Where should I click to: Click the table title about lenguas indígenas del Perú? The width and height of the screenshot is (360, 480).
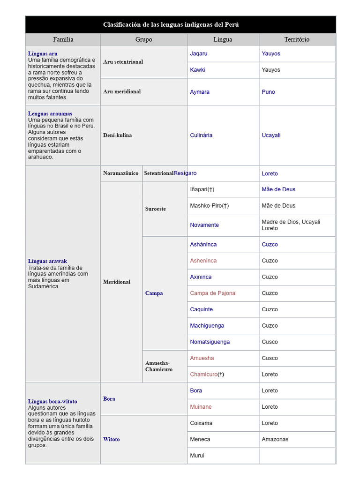171,24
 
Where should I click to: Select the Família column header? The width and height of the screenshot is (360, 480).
63,39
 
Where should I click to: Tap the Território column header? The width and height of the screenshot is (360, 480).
297,39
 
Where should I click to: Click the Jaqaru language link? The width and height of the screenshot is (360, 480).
199,53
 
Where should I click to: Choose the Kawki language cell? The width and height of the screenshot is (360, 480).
198,70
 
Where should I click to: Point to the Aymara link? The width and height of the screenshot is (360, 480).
200,92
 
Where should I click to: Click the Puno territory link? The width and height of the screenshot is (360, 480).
268,92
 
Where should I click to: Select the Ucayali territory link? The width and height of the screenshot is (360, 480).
271,135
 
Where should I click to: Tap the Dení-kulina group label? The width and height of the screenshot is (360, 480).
118,135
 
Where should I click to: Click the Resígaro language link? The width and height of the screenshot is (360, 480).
185,173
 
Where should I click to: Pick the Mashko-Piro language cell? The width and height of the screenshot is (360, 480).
209,205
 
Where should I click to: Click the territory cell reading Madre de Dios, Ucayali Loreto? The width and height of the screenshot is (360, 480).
291,225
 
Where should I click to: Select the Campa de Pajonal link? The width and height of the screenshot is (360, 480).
213,293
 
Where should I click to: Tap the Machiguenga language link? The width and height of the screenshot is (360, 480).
207,325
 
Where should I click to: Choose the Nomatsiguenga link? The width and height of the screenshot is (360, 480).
210,342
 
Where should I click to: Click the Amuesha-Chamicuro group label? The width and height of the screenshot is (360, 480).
159,366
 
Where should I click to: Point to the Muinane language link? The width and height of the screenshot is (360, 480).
201,407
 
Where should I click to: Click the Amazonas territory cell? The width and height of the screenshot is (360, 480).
275,439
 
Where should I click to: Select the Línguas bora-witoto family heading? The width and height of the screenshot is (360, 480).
52,401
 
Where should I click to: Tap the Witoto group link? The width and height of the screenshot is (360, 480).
112,439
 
